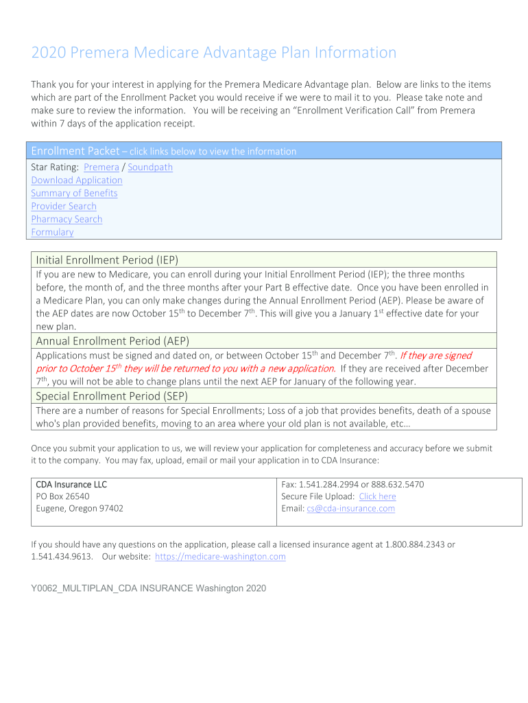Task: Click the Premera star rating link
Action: click(101, 168)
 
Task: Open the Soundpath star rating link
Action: click(150, 168)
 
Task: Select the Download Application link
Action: click(77, 181)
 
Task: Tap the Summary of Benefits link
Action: click(74, 194)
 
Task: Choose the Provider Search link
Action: click(64, 207)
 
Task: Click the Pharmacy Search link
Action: click(67, 220)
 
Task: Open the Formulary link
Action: click(52, 233)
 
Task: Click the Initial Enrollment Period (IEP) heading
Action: click(107, 260)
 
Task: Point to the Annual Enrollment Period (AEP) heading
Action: click(112, 341)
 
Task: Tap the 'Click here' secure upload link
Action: click(377, 496)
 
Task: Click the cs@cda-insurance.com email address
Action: click(350, 509)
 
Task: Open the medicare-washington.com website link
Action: click(220, 557)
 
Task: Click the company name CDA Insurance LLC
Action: click(71, 484)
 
